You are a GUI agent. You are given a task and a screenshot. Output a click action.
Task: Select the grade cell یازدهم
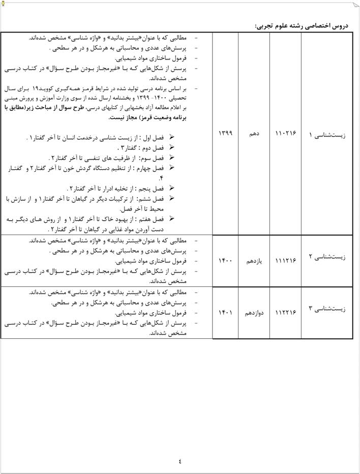point(254,261)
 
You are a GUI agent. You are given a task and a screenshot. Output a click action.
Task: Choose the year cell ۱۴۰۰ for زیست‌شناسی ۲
point(225,261)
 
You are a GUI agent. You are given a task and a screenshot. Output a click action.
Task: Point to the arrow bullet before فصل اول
point(171,137)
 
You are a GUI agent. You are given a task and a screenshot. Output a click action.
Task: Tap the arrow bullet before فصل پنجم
point(171,188)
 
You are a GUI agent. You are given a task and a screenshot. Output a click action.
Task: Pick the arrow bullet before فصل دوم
point(171,147)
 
